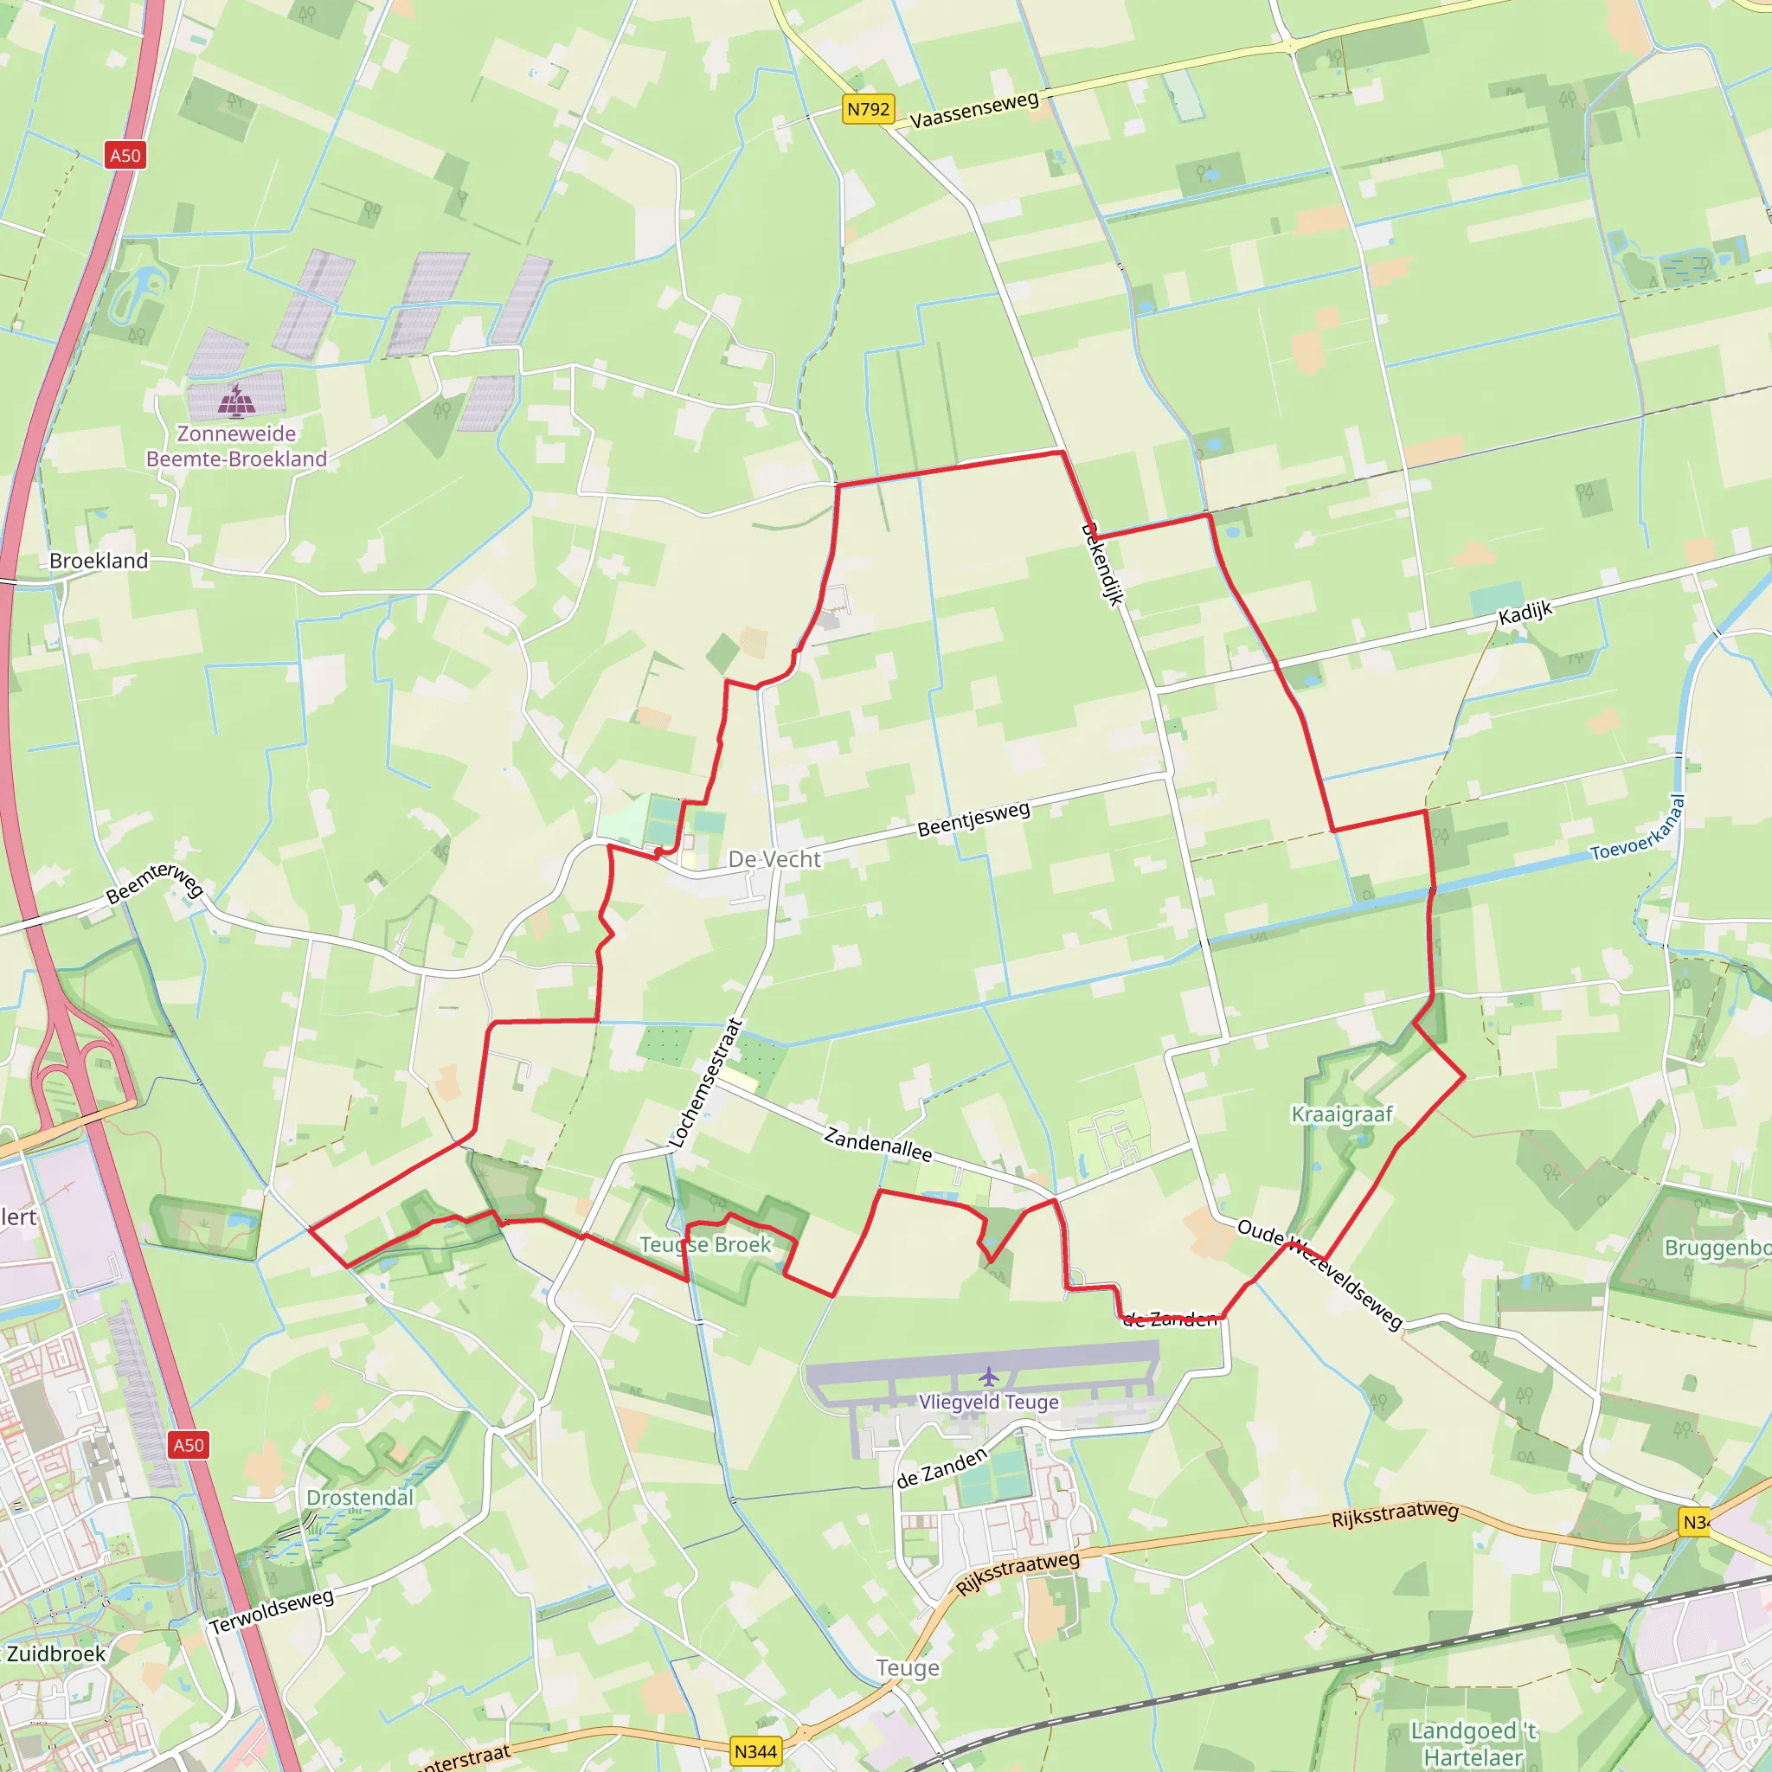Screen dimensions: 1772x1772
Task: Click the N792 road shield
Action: pyautogui.click(x=868, y=110)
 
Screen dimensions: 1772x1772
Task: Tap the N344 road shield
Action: pyautogui.click(x=755, y=1751)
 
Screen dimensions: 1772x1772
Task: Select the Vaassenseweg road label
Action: pyautogui.click(x=974, y=109)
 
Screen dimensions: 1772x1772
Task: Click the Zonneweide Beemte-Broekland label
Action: pyautogui.click(x=236, y=446)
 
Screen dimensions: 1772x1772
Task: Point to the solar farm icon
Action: pyautogui.click(x=236, y=401)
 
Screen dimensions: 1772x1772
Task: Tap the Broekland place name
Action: pyautogui.click(x=99, y=561)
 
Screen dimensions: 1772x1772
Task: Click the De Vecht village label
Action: pyautogui.click(x=774, y=859)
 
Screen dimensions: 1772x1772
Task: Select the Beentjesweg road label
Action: pyautogui.click(x=974, y=819)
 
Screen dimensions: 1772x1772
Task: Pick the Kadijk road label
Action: pyautogui.click(x=1525, y=613)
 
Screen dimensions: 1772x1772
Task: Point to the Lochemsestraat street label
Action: pyautogui.click(x=705, y=1082)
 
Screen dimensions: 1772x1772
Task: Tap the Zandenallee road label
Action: pyautogui.click(x=877, y=1144)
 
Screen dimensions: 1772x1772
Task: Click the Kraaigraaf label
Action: pyautogui.click(x=1342, y=1114)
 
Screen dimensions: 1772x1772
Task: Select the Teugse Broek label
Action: pyautogui.click(x=705, y=1244)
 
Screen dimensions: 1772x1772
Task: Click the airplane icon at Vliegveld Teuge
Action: pyautogui.click(x=988, y=1377)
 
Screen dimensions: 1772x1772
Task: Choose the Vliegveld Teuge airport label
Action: pyautogui.click(x=989, y=1402)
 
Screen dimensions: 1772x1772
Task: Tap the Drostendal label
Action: pyautogui.click(x=360, y=1498)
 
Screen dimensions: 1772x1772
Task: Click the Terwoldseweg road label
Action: pyautogui.click(x=272, y=1611)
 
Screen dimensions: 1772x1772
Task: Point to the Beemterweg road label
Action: pyautogui.click(x=155, y=883)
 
